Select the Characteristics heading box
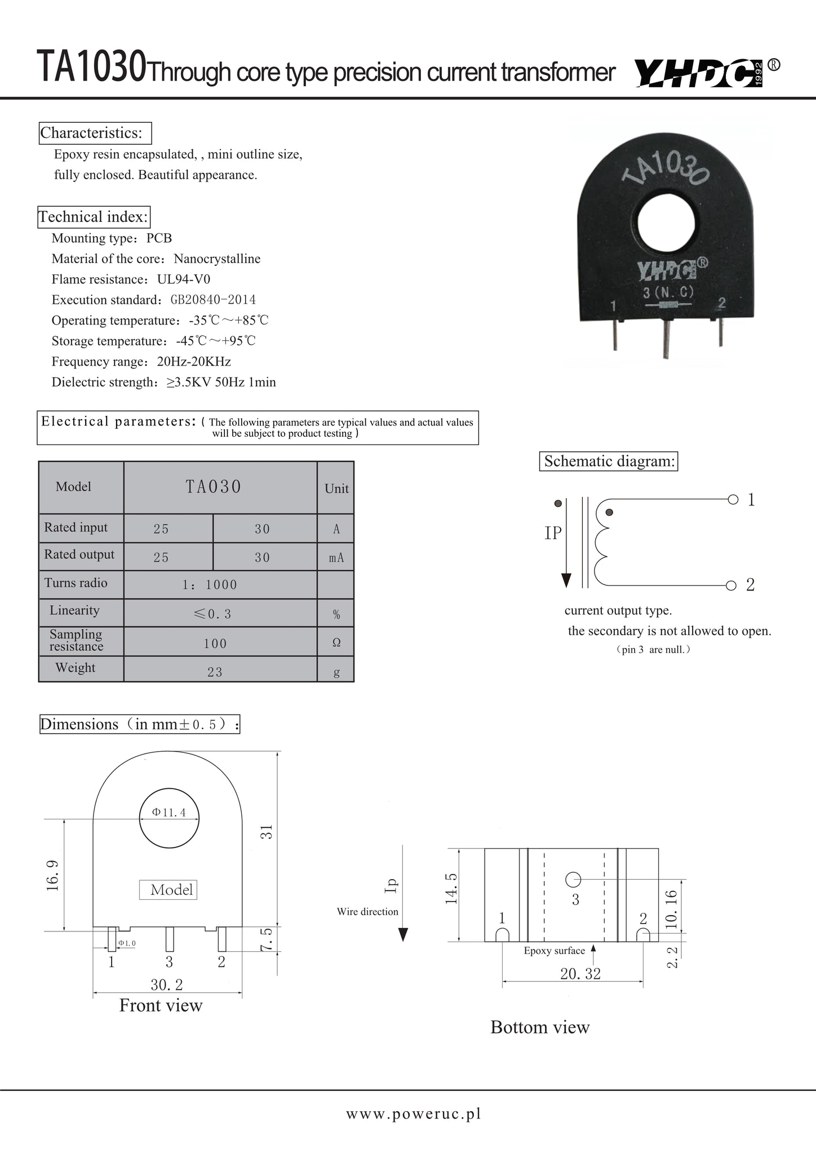pos(95,133)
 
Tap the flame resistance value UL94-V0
pos(184,279)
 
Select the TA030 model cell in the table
pos(214,487)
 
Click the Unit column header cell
pos(336,489)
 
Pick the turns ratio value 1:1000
pos(210,585)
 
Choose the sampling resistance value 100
pos(215,643)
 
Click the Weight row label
pos(75,668)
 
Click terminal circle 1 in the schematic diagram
pos(733,499)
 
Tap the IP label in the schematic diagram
pos(553,533)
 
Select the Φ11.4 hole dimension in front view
pos(169,813)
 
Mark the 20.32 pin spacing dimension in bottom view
pos(580,974)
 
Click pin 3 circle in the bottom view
pos(573,879)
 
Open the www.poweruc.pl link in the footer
pos(414,1113)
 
